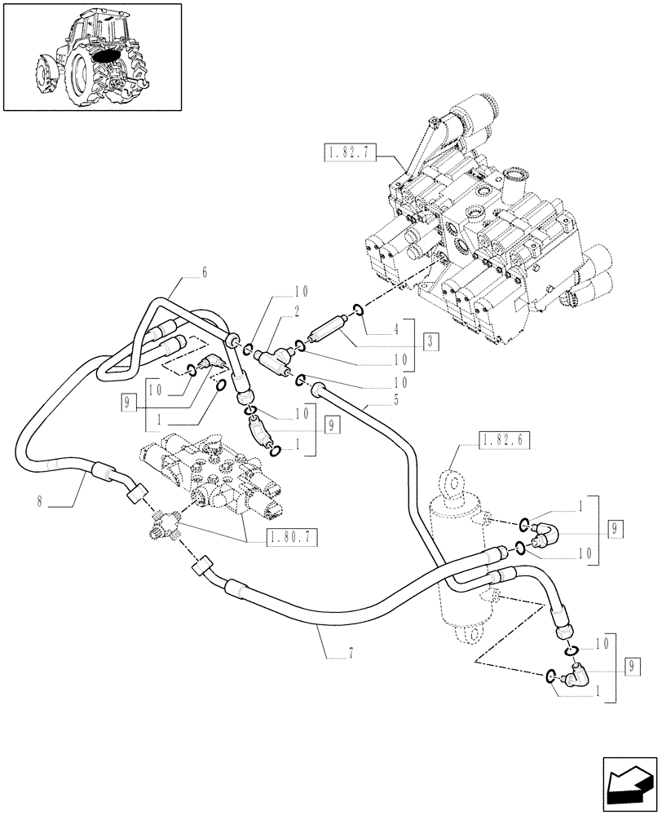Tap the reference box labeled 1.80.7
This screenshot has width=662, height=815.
[x=293, y=537]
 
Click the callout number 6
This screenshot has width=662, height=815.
[x=204, y=274]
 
